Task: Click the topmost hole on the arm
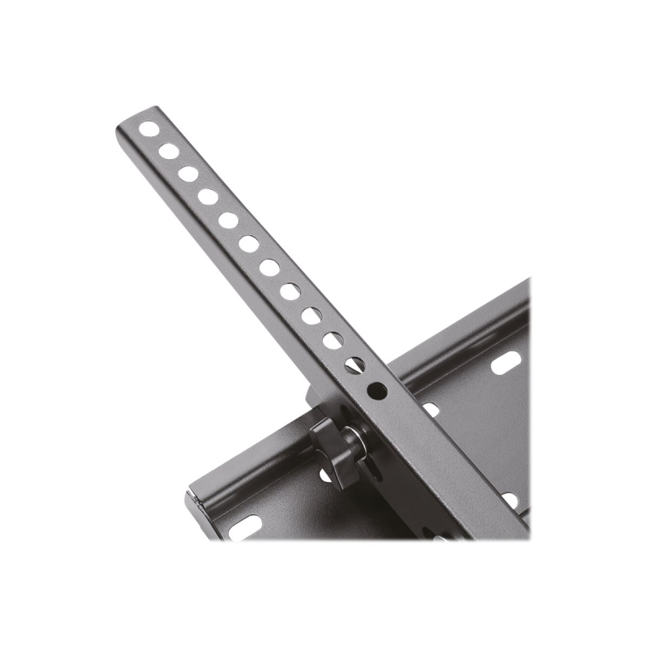coord(148,128)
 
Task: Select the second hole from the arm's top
coord(169,151)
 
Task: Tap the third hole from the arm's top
coord(188,174)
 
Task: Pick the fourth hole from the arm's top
coord(208,197)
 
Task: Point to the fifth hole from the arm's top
coord(228,221)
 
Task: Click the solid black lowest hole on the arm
coord(376,390)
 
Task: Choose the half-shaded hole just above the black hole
coord(355,365)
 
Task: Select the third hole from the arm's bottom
coord(333,341)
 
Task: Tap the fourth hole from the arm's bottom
coord(312,316)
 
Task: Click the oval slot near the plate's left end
coord(243,524)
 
